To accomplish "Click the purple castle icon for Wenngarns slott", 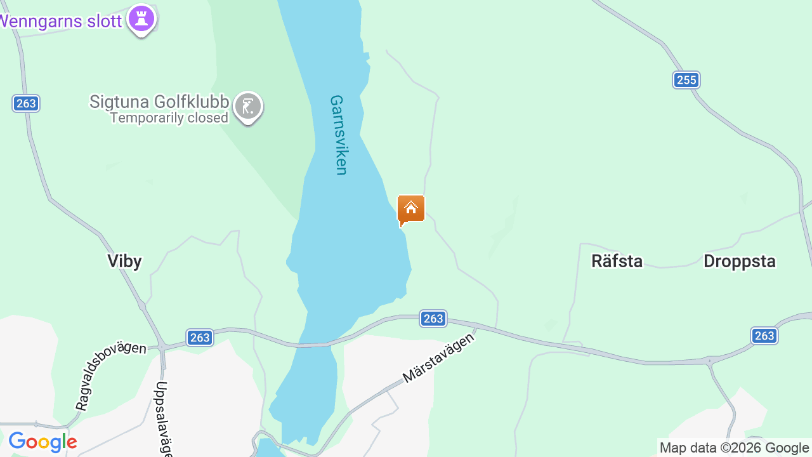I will coord(141,19).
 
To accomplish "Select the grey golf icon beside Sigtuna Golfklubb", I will coord(247,107).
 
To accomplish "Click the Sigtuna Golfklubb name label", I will coord(159,102).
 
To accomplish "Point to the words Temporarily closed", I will coord(169,118).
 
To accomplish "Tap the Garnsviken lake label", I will coord(339,135).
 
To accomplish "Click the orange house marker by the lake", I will coord(410,208).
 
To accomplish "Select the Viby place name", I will coord(124,261).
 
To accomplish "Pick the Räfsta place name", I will coord(617,261).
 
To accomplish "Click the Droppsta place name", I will coord(740,261).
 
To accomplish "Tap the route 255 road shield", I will coord(686,80).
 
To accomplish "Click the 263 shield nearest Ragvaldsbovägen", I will coord(200,338).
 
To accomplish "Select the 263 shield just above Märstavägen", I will coord(433,319).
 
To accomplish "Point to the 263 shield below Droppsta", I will coord(764,336).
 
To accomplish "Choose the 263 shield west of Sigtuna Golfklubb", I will coord(26,103).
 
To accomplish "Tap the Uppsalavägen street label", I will coord(163,419).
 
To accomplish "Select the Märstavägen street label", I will coord(439,358).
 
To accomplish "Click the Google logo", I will coord(43,442).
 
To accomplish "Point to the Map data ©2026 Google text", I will coord(734,448).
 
